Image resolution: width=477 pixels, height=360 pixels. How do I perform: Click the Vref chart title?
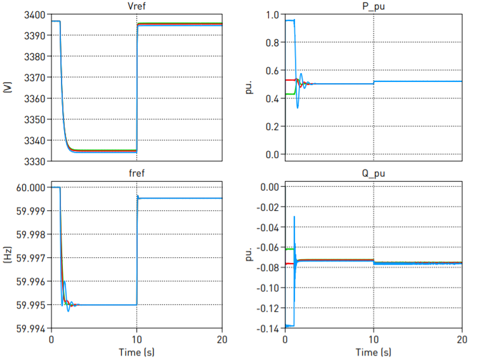tap(136, 7)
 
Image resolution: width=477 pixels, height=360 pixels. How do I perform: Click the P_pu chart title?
tap(374, 7)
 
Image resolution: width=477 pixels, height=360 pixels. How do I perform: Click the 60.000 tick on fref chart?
tap(30, 187)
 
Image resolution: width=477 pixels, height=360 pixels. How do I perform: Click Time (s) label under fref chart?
tap(136, 352)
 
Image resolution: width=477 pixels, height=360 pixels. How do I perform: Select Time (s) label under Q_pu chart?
tap(374, 352)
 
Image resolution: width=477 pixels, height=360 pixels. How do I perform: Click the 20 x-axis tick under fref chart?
tap(221, 339)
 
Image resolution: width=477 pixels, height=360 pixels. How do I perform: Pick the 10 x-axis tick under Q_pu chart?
tap(374, 339)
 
